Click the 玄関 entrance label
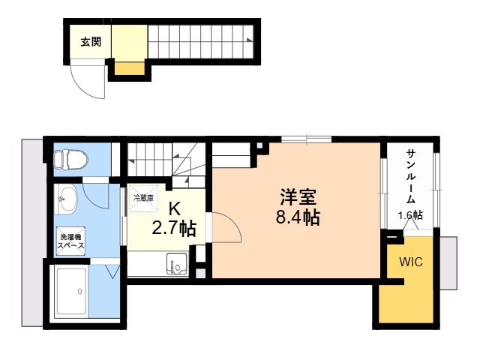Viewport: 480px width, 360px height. (91, 42)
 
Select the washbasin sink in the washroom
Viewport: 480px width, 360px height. (67, 200)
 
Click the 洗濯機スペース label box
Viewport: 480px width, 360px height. (72, 241)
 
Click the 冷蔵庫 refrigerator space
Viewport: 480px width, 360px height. (143, 198)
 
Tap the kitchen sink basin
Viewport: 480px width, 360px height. (178, 265)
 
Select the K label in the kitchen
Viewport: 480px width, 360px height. (174, 209)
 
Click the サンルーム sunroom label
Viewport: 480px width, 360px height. (412, 176)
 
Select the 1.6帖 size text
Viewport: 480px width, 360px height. (409, 215)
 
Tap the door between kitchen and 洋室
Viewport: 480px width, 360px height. (224, 229)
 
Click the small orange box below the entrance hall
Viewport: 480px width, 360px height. (128, 70)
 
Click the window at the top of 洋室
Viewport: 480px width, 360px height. (306, 139)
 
